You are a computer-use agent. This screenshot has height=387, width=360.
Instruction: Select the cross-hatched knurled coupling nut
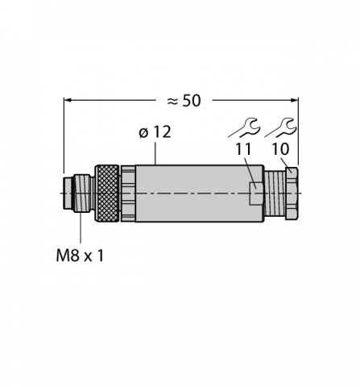(106, 194)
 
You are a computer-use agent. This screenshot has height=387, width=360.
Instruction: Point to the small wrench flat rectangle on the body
(254, 193)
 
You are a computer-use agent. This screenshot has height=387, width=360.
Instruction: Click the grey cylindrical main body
(193, 194)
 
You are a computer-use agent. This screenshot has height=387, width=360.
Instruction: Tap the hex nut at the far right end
(292, 193)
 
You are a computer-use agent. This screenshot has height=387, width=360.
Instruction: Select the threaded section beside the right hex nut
(276, 193)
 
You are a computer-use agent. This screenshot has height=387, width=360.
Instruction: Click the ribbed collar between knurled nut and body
(127, 194)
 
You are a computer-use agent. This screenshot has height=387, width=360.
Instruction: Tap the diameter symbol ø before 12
(143, 134)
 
